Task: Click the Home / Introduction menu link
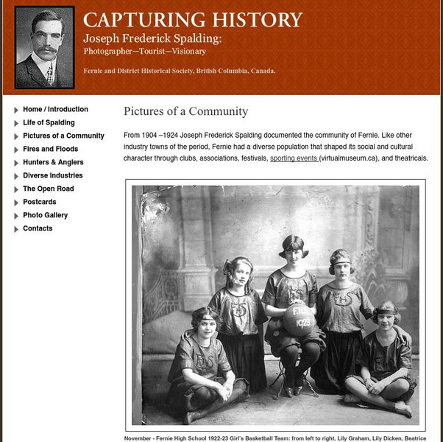coord(55,109)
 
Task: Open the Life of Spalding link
coord(49,122)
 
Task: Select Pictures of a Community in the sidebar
coord(63,136)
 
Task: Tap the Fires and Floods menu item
coord(51,149)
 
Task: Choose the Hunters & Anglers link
coord(53,162)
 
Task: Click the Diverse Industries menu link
coord(52,175)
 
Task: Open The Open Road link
coord(48,189)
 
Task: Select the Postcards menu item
coord(39,202)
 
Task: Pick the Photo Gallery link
coord(45,215)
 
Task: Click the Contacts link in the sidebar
coord(38,228)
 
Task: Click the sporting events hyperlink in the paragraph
coord(294,158)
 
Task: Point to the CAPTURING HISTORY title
coord(193,21)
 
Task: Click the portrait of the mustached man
coord(44,48)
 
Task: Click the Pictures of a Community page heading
coord(185,112)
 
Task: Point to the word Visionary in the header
coord(187,52)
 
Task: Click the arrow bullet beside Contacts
coord(16,228)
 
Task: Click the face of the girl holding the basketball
coord(293,254)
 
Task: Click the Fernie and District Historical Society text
coord(180,71)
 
